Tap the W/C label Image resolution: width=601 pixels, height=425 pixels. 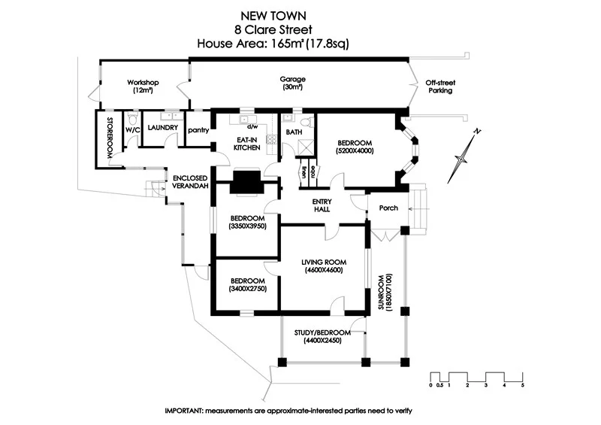pyautogui.click(x=132, y=129)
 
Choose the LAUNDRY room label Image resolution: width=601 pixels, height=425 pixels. pyautogui.click(x=162, y=128)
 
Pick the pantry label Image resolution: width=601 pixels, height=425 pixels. pyautogui.click(x=198, y=129)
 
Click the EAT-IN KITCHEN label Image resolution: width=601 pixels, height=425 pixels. pyautogui.click(x=247, y=143)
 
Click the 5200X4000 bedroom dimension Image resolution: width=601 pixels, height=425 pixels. pyautogui.click(x=355, y=150)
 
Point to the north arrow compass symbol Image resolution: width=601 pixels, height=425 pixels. pyautogui.click(x=464, y=156)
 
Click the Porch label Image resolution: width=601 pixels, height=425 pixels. pyautogui.click(x=388, y=208)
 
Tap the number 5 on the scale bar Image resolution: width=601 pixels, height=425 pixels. pyautogui.click(x=521, y=385)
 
